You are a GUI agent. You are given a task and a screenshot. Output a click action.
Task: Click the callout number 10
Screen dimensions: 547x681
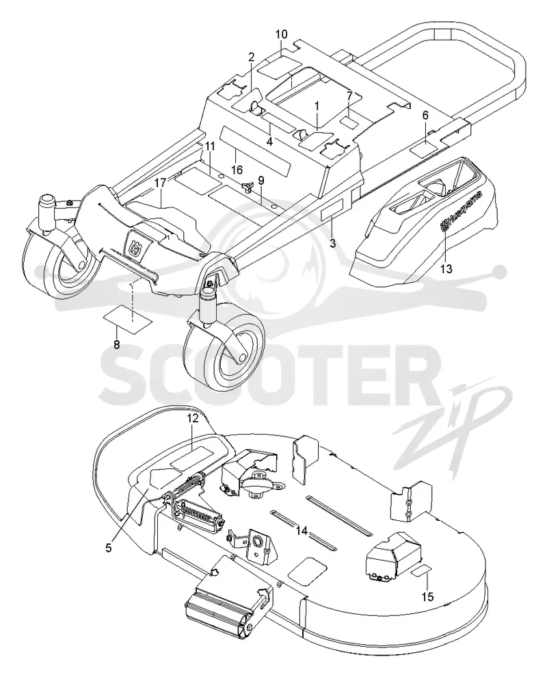click(x=281, y=34)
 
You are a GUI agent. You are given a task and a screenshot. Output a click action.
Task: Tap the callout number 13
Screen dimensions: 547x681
click(x=446, y=269)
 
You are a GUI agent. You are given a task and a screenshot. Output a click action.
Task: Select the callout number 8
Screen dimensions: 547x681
click(x=116, y=345)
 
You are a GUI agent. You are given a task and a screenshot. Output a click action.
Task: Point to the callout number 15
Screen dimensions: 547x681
click(x=428, y=598)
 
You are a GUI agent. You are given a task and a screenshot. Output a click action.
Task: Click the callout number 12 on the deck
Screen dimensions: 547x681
click(x=193, y=418)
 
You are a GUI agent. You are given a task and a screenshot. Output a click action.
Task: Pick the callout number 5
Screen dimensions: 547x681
click(x=109, y=548)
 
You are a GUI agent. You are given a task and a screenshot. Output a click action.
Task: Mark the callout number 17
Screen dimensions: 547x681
click(x=161, y=183)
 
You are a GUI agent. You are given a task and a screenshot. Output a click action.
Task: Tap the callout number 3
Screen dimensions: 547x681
click(x=332, y=243)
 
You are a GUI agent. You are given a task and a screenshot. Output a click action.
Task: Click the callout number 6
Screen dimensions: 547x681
click(x=425, y=115)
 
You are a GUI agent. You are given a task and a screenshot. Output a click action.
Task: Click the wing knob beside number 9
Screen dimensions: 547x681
click(x=248, y=187)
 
